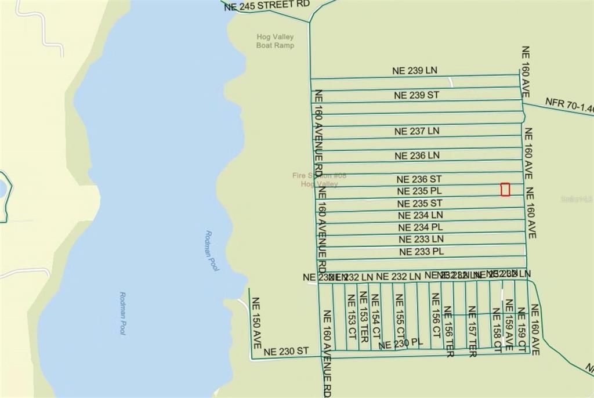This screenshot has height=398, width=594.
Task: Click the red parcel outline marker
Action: [x=505, y=190]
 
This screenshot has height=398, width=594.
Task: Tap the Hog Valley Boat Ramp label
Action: [x=275, y=41]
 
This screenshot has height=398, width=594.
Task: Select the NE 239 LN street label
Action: [x=415, y=71]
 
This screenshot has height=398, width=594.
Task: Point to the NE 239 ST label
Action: [x=416, y=95]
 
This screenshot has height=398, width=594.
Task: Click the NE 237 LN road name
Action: [x=416, y=131]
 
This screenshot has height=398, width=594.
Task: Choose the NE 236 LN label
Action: [x=417, y=155]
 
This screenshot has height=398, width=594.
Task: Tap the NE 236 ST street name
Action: [x=419, y=179]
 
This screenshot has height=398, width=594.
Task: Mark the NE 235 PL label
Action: [x=419, y=191]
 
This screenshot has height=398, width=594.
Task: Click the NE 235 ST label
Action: [x=419, y=204]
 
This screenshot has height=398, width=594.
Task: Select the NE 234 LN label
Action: [x=421, y=215]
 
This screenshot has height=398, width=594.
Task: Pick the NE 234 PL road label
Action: [x=421, y=227]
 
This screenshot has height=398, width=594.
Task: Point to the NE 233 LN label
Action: [x=421, y=239]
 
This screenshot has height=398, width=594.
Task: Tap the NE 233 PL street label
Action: [x=422, y=252]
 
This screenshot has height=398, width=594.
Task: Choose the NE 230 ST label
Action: [x=285, y=352]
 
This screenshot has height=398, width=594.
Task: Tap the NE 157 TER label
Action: [x=472, y=331]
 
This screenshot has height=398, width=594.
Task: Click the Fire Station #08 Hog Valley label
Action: [x=316, y=180]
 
